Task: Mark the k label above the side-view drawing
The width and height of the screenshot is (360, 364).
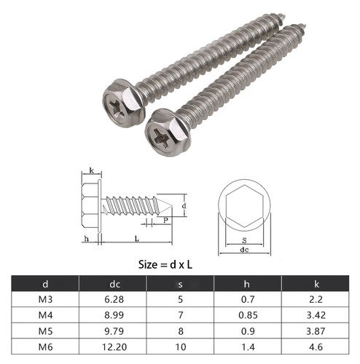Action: point(90,170)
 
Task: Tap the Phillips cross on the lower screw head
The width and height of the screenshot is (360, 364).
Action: point(161,132)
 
